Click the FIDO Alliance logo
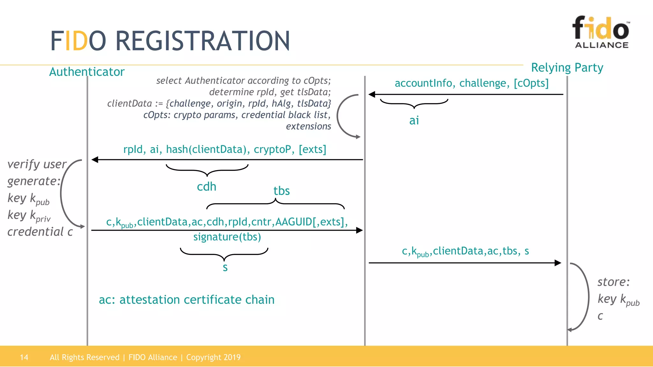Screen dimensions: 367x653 click(601, 32)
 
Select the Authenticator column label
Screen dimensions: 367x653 click(87, 72)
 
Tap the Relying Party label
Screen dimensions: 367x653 click(567, 68)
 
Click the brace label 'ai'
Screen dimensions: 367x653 click(414, 121)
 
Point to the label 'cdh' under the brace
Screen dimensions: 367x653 click(207, 187)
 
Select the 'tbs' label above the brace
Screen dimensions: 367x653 click(282, 191)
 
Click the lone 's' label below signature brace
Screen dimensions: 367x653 click(225, 268)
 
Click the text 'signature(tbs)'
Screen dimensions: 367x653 click(227, 237)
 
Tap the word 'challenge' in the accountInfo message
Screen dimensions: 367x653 click(483, 83)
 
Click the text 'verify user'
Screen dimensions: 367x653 click(37, 164)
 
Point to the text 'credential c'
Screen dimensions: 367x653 click(40, 232)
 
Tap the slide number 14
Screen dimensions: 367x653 click(24, 357)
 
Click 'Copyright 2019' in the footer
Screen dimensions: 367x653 click(213, 357)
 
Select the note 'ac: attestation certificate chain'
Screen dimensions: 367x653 click(187, 300)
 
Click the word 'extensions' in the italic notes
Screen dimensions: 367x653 click(308, 126)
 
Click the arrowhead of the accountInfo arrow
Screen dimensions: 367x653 click(372, 94)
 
